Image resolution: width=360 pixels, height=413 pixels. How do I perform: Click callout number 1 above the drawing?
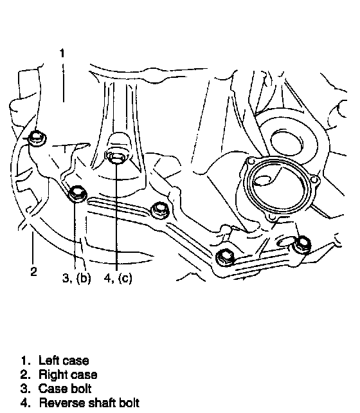[62, 53]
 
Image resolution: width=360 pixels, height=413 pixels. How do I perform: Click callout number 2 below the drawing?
[33, 271]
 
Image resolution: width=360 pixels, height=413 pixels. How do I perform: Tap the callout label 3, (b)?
[76, 278]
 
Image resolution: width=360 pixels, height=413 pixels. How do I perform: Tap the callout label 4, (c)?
[118, 278]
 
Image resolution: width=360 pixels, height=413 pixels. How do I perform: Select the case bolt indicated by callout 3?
[78, 194]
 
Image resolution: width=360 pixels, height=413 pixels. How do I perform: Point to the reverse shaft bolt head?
[116, 157]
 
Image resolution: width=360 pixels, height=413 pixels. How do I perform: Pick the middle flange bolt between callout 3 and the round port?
[160, 210]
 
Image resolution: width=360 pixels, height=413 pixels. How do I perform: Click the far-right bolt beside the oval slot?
[303, 244]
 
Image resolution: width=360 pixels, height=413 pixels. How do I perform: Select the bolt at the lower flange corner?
[226, 257]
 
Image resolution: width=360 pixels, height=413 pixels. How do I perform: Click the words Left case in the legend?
[64, 361]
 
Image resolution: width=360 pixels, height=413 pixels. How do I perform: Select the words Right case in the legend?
[68, 375]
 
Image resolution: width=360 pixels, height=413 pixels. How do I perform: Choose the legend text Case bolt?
[65, 389]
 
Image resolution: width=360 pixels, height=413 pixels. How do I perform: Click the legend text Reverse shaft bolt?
[89, 403]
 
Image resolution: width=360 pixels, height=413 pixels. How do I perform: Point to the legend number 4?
[24, 403]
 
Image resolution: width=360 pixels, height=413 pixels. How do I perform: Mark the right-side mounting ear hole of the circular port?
[314, 180]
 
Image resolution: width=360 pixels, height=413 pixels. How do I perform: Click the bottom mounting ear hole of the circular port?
[271, 217]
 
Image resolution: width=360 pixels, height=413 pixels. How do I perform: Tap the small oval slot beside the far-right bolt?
[287, 241]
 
